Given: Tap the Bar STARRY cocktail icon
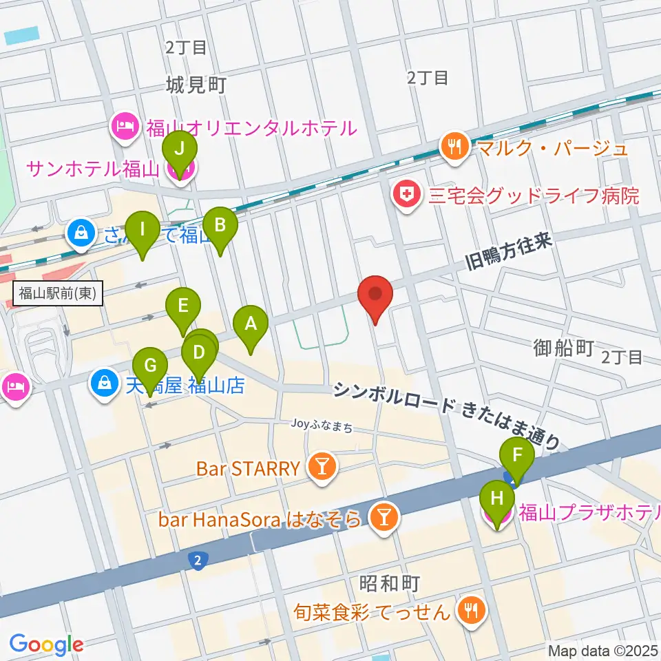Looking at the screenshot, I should coord(321,469).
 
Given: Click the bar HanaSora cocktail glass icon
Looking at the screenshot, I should coord(381,518).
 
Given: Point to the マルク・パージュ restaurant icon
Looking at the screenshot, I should coord(454,147).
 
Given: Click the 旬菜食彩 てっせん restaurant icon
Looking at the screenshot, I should coord(473,609).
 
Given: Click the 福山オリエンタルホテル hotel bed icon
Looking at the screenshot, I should coord(125,127).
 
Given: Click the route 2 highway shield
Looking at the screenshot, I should coord(198,561).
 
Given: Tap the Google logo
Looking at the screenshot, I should coord(46,644).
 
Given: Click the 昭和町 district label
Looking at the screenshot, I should coord(389,583).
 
